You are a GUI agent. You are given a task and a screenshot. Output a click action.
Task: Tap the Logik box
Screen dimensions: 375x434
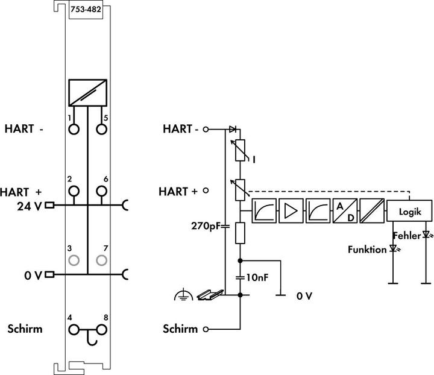[409, 211]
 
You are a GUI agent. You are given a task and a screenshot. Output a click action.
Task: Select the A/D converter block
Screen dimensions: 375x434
[344, 211]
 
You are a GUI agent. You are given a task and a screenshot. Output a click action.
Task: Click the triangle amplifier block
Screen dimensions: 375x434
[291, 211]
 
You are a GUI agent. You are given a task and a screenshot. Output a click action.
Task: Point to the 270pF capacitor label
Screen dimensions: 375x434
[204, 227]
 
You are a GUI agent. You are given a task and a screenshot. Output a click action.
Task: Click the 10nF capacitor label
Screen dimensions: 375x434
[258, 278]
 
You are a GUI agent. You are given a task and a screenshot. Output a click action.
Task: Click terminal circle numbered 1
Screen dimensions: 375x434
[74, 128]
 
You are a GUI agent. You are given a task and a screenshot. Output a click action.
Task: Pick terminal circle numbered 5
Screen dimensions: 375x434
[101, 128]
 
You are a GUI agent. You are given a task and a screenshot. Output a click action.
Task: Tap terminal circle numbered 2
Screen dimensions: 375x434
[74, 191]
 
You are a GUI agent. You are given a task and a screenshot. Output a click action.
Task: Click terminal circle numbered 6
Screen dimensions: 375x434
[101, 191]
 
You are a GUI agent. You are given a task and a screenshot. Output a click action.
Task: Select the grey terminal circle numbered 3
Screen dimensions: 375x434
[74, 260]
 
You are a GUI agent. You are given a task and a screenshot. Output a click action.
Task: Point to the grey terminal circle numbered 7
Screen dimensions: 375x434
[101, 260]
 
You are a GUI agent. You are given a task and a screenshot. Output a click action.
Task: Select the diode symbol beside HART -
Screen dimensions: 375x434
[233, 129]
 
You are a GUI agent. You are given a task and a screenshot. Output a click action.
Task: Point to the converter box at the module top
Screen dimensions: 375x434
[87, 93]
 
